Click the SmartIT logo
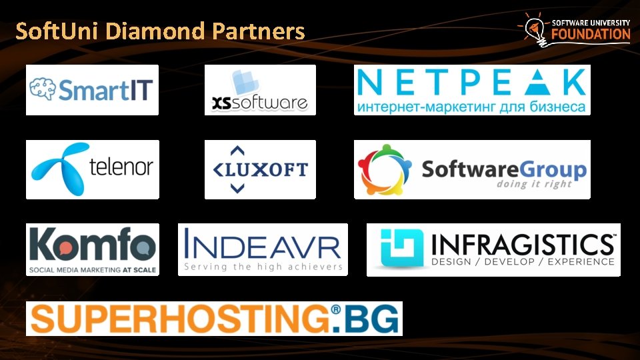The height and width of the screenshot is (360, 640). click(92, 90)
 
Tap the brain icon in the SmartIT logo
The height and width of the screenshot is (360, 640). click(43, 89)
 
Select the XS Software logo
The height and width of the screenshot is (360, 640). click(260, 90)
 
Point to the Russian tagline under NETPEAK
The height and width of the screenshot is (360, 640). click(472, 107)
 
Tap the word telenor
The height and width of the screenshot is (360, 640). click(121, 167)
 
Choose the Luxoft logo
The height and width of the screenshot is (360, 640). click(260, 169)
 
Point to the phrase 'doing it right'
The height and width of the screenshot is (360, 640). click(534, 185)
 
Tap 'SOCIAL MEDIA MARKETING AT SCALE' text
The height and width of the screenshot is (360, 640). click(92, 269)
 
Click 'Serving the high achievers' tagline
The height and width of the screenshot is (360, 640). click(263, 267)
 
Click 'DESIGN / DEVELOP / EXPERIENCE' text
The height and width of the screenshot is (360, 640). click(523, 261)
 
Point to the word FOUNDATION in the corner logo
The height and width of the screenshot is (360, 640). click(590, 35)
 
